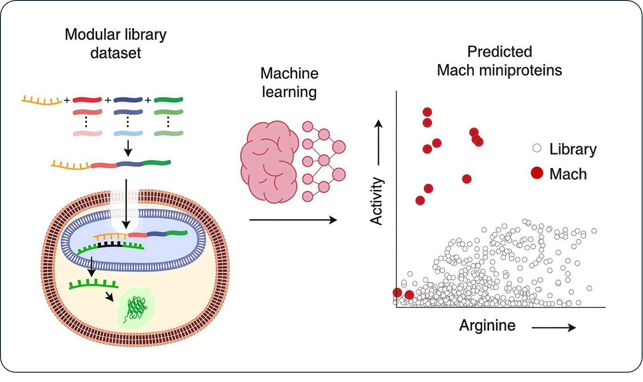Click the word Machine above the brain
tap(289, 73)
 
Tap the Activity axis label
tap(377, 201)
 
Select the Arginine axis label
tap(487, 325)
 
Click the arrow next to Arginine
tap(554, 328)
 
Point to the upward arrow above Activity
tap(378, 142)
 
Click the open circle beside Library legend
tap(537, 148)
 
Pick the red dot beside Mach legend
tap(537, 173)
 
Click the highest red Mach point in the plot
tap(427, 112)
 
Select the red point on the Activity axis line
tap(397, 293)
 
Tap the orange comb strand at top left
tap(41, 101)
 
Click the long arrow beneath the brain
tap(293, 220)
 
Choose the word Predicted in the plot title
tap(499, 52)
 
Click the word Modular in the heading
tap(91, 34)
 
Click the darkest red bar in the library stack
tap(87, 100)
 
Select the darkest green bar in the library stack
tap(169, 100)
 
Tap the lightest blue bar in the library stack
tap(128, 133)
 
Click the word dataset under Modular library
tap(116, 53)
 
